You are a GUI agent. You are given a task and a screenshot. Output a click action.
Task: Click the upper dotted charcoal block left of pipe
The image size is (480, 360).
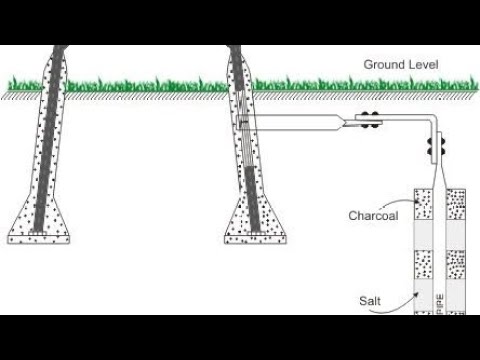pos(424,205)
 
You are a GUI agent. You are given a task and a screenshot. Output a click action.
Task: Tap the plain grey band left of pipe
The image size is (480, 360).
pos(424,236)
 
